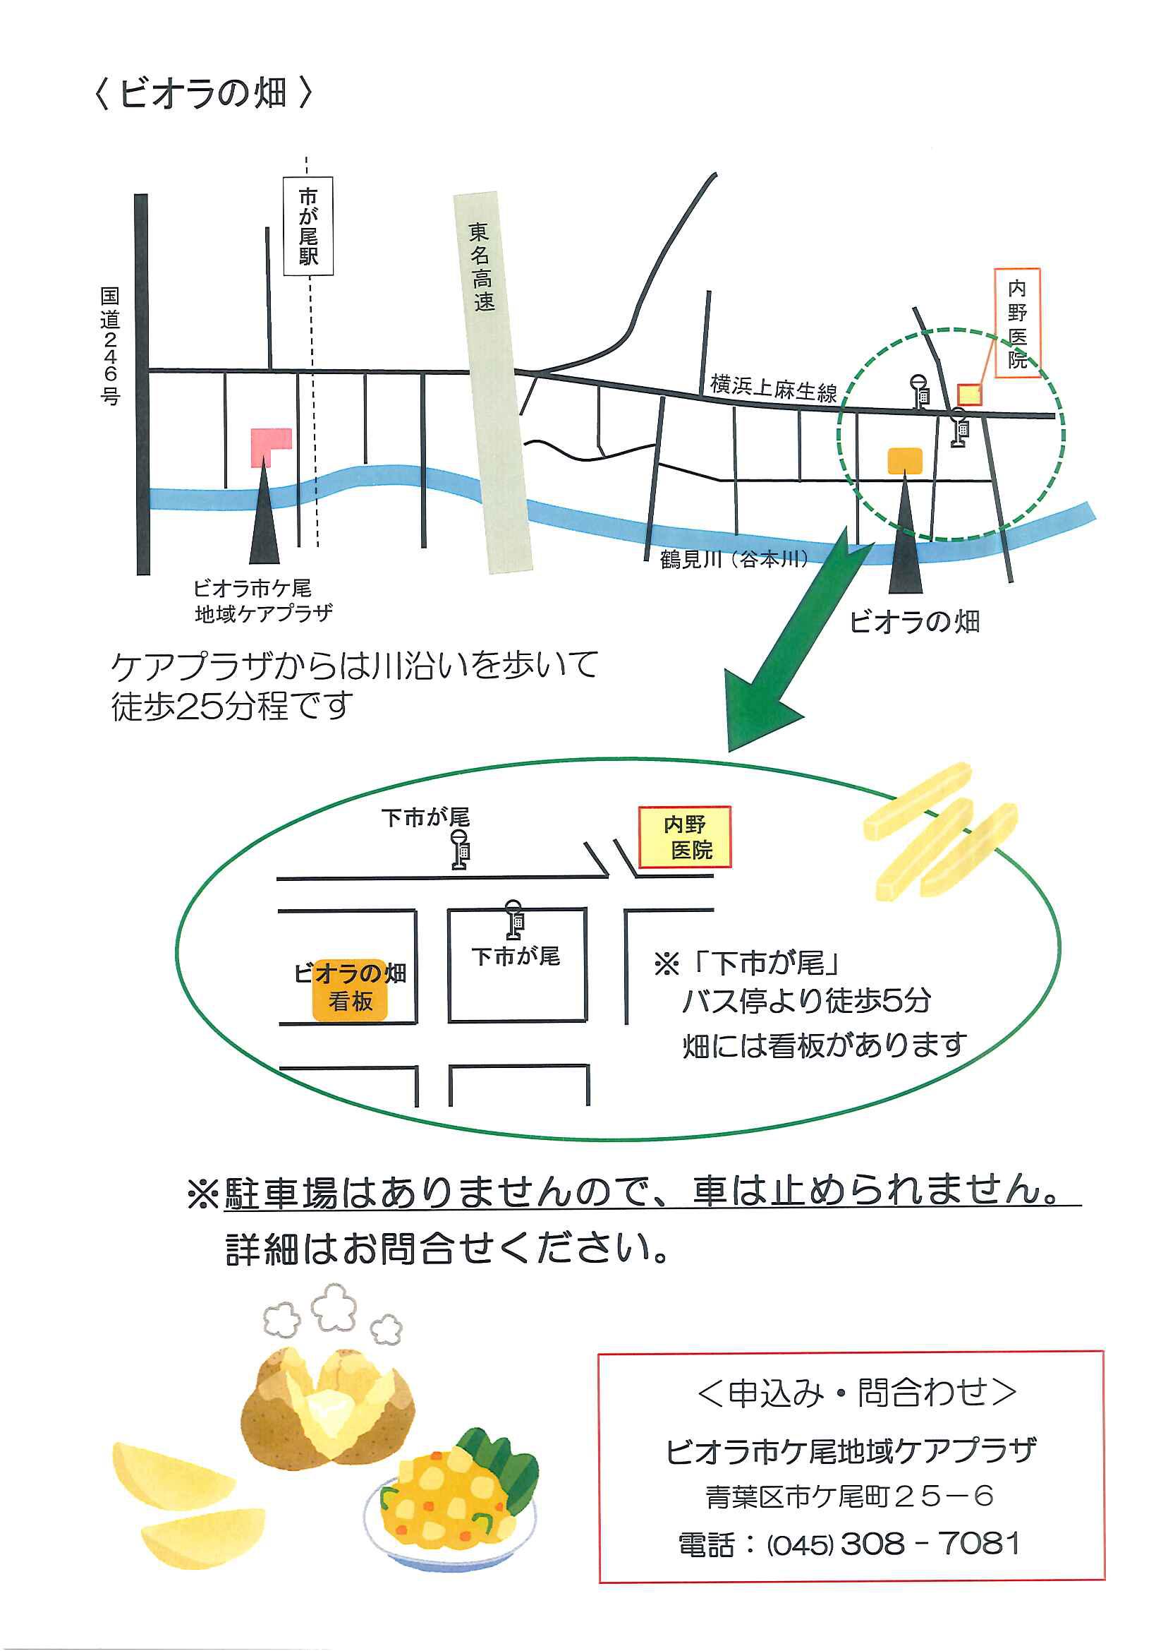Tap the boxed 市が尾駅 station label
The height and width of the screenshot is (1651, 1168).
coord(308,227)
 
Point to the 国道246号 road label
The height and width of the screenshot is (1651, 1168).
coord(110,346)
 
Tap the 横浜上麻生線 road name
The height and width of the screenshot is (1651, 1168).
coord(774,389)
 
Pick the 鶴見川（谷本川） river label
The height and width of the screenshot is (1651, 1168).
coord(734,559)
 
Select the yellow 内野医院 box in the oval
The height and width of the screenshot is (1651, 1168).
coord(686,837)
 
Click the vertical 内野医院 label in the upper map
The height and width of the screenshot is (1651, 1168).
coord(1017,323)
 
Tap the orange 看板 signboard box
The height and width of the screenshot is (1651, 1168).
coord(351,1000)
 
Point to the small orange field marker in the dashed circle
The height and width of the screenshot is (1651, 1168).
coord(905,461)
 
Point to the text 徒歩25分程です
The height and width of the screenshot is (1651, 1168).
coord(231,706)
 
